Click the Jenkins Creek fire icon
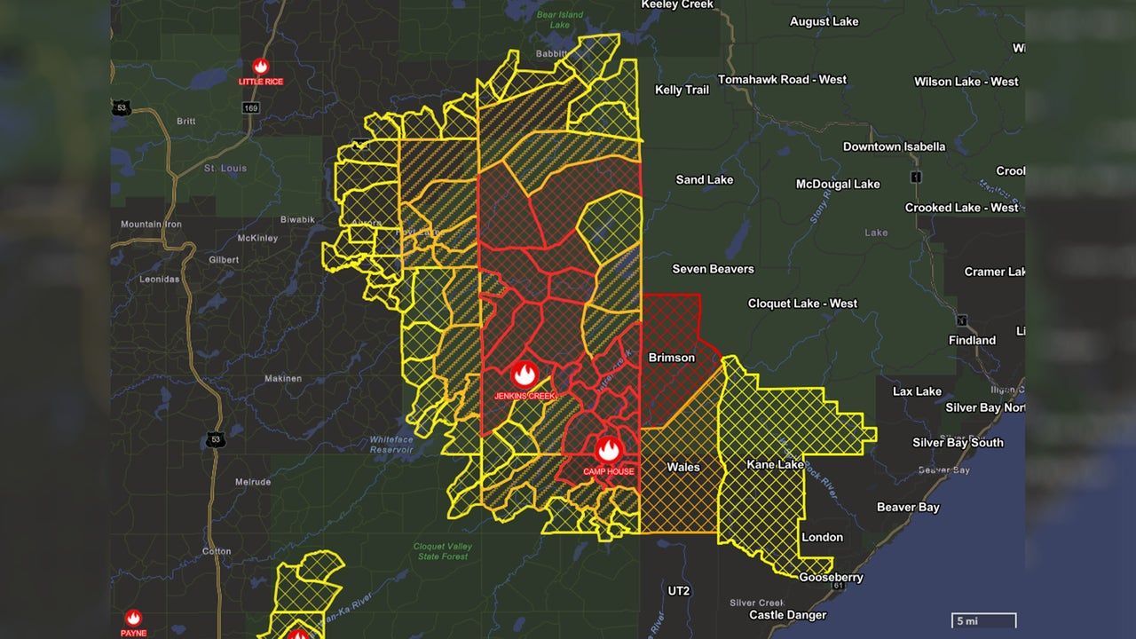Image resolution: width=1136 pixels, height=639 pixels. [x=525, y=374]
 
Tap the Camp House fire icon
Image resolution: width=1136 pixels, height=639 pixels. [x=608, y=450]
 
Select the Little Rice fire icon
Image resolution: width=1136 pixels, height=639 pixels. [x=261, y=67]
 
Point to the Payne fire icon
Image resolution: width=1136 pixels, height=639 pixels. [x=133, y=618]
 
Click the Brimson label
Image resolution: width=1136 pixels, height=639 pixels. [x=672, y=358]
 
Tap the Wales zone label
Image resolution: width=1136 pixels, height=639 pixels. [x=683, y=467]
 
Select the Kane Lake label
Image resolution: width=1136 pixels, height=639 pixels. [x=775, y=464]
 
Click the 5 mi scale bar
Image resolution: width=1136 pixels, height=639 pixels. [x=984, y=621]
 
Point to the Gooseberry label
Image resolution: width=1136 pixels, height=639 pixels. [x=831, y=577]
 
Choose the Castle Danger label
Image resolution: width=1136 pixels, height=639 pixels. [x=787, y=615]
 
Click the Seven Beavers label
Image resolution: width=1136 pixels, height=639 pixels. [x=713, y=269]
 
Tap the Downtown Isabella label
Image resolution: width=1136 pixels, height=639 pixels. [x=894, y=146]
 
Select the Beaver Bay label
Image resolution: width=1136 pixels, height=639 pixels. [x=908, y=508]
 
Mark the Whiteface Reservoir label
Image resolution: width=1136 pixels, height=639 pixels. [x=391, y=444]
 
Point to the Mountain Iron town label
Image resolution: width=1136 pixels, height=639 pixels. [x=151, y=225]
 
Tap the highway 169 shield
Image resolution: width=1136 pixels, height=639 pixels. [x=252, y=107]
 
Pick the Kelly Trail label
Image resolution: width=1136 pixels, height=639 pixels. [x=682, y=90]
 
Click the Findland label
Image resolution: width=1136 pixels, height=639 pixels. [x=972, y=340]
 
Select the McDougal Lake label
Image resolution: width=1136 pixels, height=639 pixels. [x=837, y=185]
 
